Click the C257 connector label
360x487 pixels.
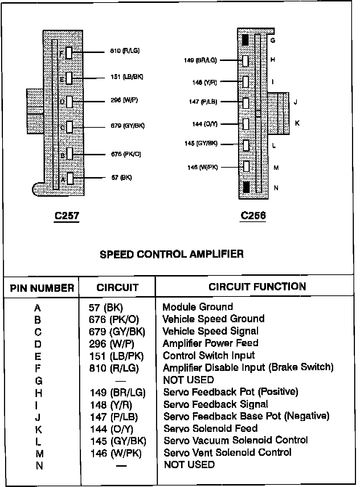[x=67, y=216]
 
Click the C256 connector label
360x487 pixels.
[x=253, y=216]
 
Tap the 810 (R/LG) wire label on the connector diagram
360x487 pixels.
[x=125, y=51]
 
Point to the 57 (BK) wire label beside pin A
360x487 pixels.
[x=121, y=177]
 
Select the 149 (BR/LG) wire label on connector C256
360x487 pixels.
[x=200, y=60]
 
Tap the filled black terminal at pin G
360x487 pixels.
[x=246, y=40]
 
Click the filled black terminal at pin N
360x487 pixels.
[x=246, y=187]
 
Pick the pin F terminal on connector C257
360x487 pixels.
[x=69, y=53]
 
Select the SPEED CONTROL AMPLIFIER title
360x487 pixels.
[x=171, y=254]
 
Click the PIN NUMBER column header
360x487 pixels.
[x=42, y=288]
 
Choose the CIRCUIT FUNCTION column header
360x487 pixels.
[x=257, y=287]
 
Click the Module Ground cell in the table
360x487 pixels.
[x=197, y=307]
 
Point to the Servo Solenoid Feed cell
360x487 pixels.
[x=210, y=429]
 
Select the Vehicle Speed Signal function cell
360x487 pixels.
[x=210, y=331]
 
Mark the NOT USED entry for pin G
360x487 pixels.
[x=189, y=380]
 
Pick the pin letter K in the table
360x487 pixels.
[x=38, y=430]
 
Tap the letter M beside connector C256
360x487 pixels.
[x=276, y=168]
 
